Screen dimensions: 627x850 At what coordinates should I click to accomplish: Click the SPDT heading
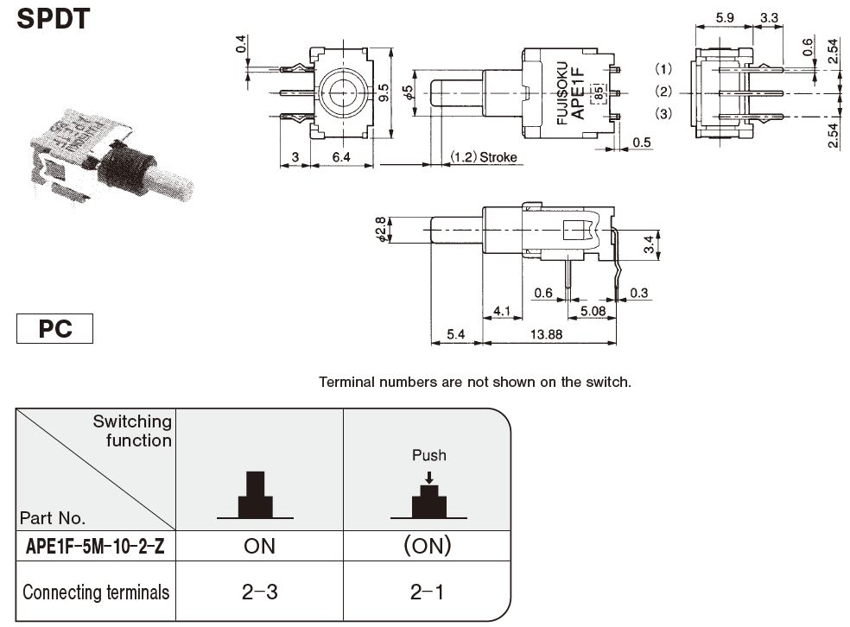pyautogui.click(x=53, y=18)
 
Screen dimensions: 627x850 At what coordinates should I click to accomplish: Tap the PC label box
pyautogui.click(x=54, y=330)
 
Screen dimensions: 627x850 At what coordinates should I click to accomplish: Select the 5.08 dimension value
pyautogui.click(x=592, y=309)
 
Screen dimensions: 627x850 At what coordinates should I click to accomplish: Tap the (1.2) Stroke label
pyautogui.click(x=482, y=157)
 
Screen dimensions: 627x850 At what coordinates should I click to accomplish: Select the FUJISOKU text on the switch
pyautogui.click(x=562, y=93)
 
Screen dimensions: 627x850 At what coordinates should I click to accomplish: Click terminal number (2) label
pyautogui.click(x=663, y=92)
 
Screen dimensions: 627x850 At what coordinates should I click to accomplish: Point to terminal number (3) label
pyautogui.click(x=663, y=114)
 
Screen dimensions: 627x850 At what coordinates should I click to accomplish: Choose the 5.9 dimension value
pyautogui.click(x=726, y=16)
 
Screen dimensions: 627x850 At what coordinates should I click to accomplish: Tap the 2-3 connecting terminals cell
pyautogui.click(x=259, y=592)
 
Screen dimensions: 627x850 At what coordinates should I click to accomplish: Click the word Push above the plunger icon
pyautogui.click(x=429, y=455)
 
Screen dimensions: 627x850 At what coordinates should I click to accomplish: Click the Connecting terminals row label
pyautogui.click(x=96, y=592)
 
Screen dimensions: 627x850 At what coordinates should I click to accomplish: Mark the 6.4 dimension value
pyautogui.click(x=341, y=157)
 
